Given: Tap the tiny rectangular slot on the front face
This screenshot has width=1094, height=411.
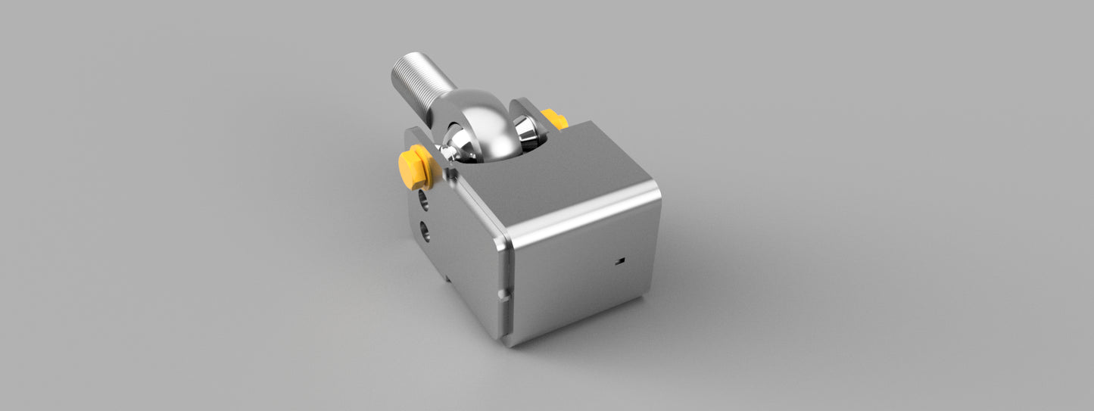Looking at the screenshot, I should click(x=620, y=261).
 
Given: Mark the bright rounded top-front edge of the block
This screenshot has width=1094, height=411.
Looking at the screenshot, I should click(x=583, y=220).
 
